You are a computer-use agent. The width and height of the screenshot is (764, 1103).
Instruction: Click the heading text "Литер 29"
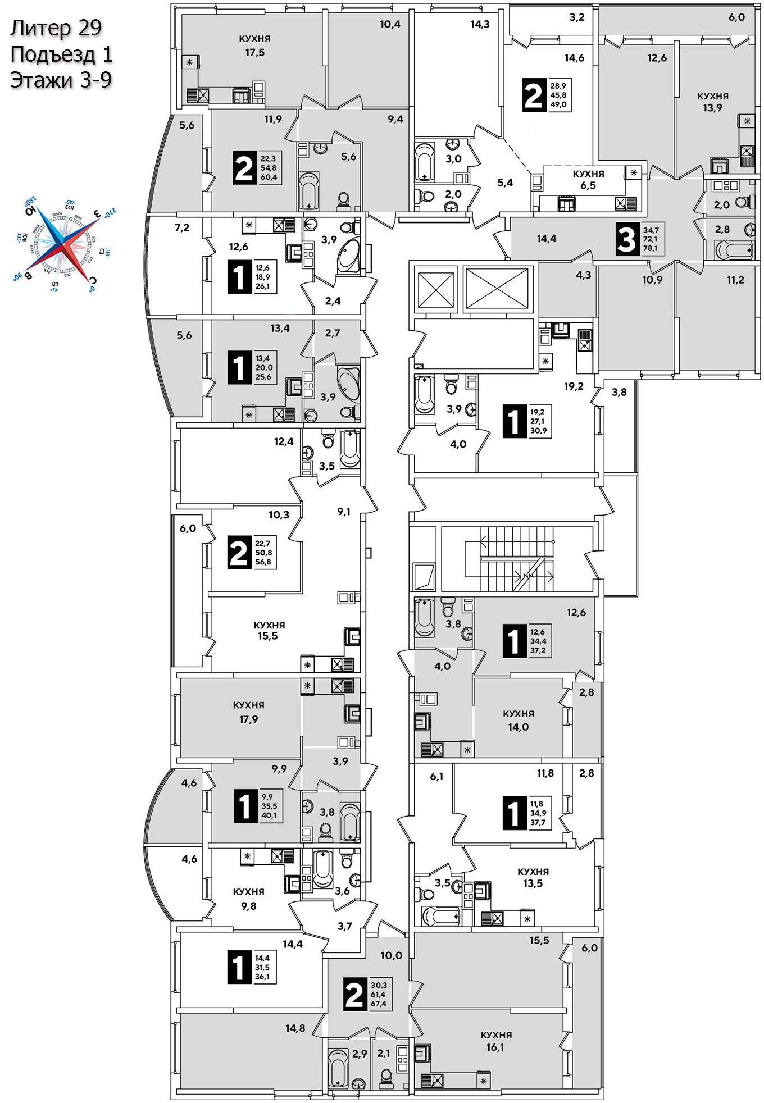coord(56,28)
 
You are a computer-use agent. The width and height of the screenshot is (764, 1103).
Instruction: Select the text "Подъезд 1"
coord(61,54)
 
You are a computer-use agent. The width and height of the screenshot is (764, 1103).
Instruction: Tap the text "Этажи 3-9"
coord(61,80)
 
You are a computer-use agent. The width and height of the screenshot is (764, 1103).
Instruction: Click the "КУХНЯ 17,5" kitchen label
coord(254,45)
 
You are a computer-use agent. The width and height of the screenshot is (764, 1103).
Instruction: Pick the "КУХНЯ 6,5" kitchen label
coord(588,180)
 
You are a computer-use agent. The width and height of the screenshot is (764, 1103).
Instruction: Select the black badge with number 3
coord(626,239)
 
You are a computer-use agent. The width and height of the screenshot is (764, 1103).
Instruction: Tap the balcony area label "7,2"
coord(182,228)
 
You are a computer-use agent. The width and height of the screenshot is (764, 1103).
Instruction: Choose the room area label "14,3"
coord(480,24)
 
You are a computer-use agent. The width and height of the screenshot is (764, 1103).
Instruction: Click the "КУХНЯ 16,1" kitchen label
coord(495,1041)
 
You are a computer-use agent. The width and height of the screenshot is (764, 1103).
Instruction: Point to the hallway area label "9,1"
coord(344,512)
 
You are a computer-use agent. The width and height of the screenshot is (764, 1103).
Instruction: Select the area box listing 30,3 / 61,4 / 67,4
coord(379,995)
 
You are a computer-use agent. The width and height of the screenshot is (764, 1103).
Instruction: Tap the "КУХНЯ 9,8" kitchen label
coord(248,899)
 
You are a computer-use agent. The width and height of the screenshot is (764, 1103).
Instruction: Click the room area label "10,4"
coord(390,24)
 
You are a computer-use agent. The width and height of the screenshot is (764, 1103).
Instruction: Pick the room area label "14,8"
coord(295,1028)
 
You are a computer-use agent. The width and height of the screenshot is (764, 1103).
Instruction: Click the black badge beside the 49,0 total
coord(533,95)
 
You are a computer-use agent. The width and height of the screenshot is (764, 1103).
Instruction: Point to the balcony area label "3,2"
coord(577,17)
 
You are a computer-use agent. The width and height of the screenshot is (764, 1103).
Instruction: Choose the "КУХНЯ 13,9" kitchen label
coord(712,102)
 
